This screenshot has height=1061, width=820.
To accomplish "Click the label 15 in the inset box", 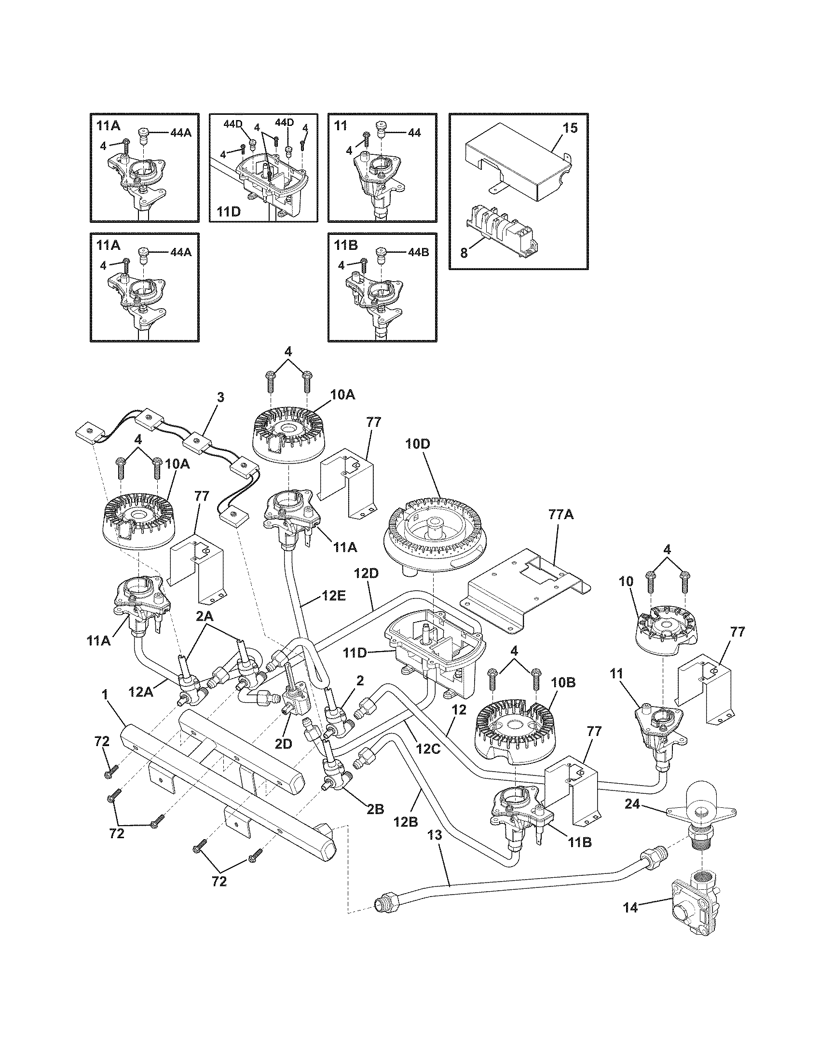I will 570,128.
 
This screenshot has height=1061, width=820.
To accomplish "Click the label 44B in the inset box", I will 418,253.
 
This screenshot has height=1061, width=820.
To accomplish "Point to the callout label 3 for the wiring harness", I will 220,397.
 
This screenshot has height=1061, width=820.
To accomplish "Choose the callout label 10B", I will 564,682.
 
